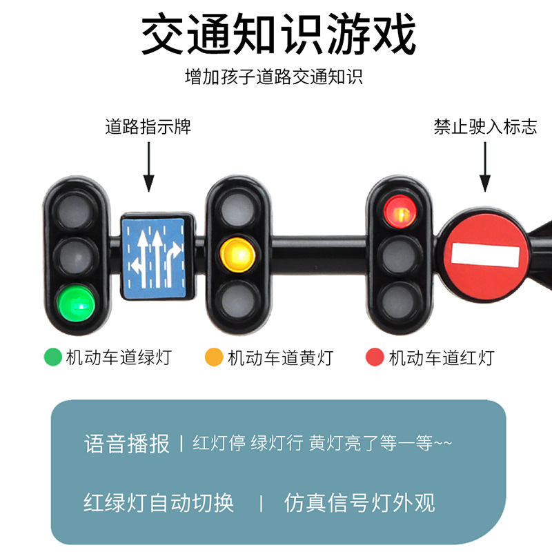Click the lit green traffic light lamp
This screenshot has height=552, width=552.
coord(76,302)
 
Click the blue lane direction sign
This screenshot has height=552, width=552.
coord(155,257)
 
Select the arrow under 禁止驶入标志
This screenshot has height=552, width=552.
coord(485,166)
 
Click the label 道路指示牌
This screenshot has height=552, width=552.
coord(148,127)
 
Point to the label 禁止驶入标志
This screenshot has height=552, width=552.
coord(485,127)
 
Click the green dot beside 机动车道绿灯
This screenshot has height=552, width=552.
coord(53,357)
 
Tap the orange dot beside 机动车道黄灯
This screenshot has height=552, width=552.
coord(215,357)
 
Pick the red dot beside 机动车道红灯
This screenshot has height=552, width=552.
coord(375,357)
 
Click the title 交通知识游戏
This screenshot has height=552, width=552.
coord(279,35)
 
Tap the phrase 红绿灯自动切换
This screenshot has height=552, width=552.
coord(159,502)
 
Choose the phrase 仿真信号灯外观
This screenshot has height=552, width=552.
coord(359,502)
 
